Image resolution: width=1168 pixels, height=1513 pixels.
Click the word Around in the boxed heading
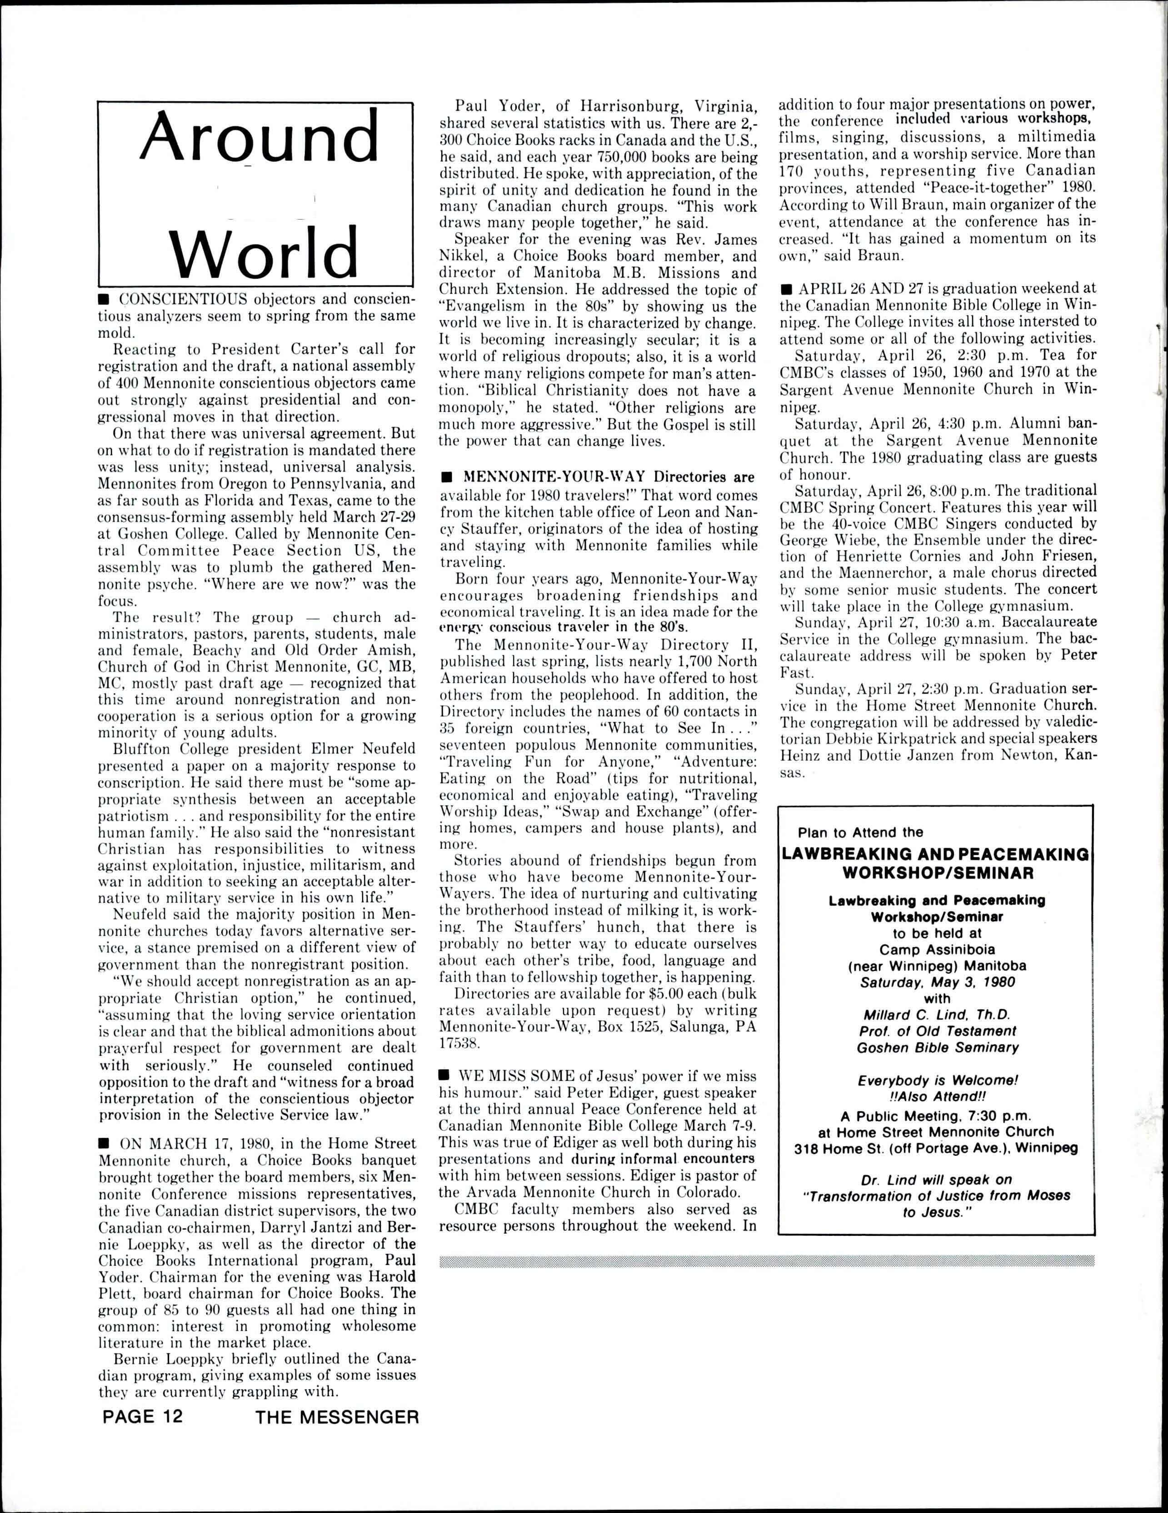(260, 137)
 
